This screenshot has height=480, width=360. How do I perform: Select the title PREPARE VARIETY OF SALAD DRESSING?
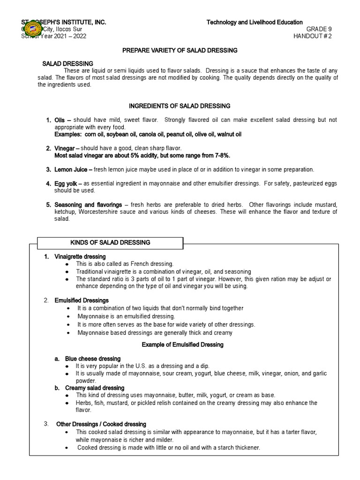coord(180,50)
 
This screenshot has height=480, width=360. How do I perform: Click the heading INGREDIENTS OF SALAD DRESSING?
coord(180,106)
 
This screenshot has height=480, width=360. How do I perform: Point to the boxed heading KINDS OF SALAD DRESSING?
coord(110,242)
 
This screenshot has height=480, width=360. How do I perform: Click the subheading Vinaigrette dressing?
coord(80,257)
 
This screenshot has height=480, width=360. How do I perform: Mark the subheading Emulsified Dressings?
coord(82,300)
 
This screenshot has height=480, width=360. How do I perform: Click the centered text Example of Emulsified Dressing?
coord(182,345)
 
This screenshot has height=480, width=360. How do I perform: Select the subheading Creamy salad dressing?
coord(95,388)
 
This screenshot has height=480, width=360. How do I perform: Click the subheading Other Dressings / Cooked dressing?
coord(101,424)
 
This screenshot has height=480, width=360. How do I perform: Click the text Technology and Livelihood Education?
coord(255,22)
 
